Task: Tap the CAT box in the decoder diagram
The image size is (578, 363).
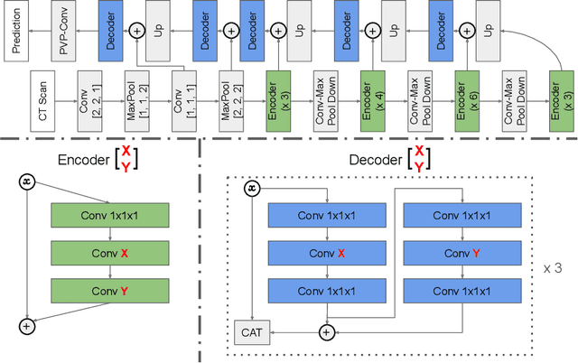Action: click(x=249, y=332)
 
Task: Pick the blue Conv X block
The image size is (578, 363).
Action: click(x=322, y=254)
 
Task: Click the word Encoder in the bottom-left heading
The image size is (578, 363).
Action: click(x=88, y=160)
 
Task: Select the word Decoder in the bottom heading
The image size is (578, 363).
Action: click(x=378, y=160)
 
